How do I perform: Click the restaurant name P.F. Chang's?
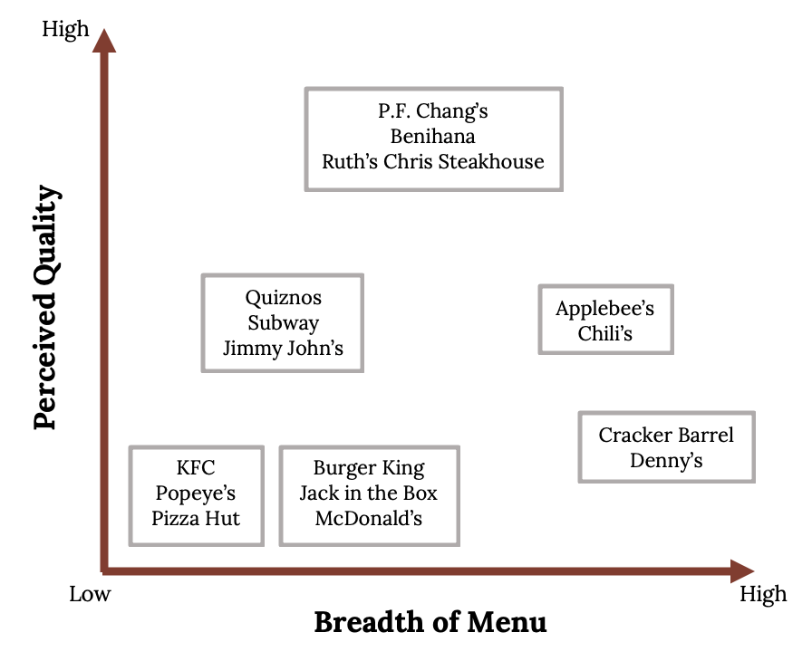433,111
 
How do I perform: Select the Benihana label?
433,136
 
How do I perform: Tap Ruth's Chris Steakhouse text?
433,161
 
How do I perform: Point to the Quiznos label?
284,298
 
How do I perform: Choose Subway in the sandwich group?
284,323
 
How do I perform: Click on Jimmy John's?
284,348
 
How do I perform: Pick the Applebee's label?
604,309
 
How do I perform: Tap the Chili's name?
604,333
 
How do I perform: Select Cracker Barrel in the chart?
666,435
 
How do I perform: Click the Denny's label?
666,460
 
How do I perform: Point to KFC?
196,467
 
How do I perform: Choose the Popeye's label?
196,493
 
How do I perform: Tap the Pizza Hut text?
196,518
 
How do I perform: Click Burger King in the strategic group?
369,469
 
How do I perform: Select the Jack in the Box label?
369,493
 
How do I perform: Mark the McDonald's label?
369,518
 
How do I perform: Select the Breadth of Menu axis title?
430,622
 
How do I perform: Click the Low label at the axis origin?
90,594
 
